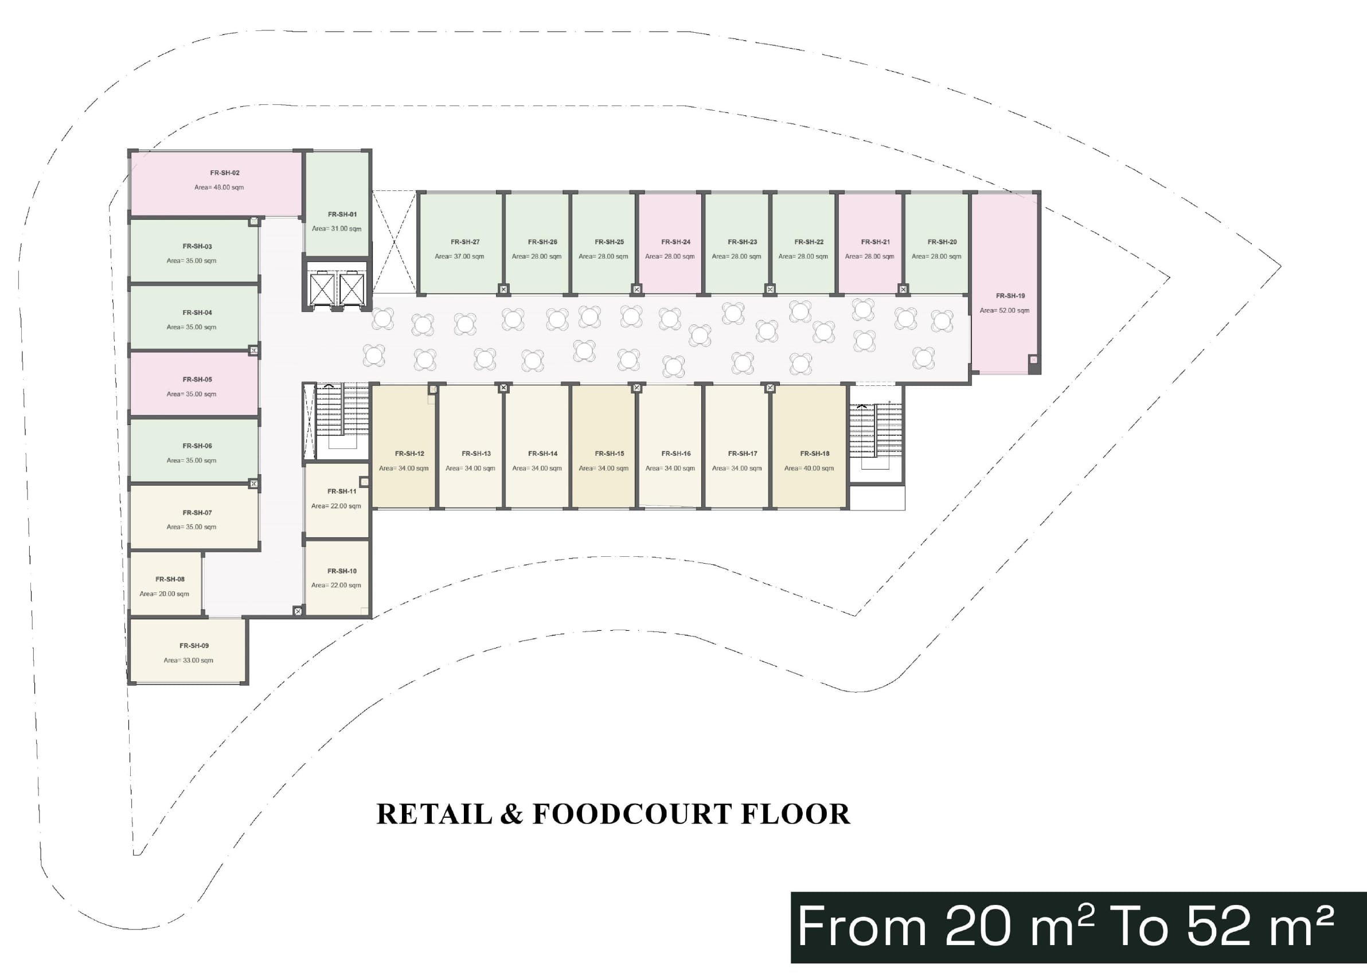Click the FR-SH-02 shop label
tap(225, 173)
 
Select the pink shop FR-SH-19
tap(1004, 283)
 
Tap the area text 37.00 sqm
tap(460, 257)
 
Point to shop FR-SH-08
tap(166, 584)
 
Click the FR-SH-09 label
tap(194, 646)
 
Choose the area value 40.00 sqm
tap(809, 469)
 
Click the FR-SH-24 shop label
tap(676, 242)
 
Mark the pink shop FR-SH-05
tap(194, 384)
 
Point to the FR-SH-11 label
tap(342, 491)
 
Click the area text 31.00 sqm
tap(337, 229)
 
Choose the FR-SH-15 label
tap(610, 454)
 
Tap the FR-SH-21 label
tap(876, 242)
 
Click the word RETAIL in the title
tap(435, 814)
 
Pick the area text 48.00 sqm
tap(218, 188)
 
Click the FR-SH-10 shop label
tap(342, 572)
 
